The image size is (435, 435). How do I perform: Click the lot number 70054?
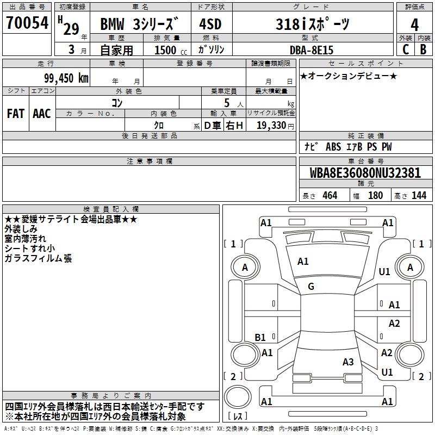tap(27, 23)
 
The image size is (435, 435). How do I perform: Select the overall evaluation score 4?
tap(414, 25)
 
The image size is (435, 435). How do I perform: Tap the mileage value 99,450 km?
tap(66, 78)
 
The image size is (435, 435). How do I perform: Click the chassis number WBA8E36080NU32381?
tap(365, 173)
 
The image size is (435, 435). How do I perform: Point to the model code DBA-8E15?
tap(311, 50)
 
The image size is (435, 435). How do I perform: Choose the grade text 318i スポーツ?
tap(312, 24)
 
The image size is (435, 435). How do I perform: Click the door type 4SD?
tap(210, 24)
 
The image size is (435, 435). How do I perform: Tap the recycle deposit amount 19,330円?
tap(275, 126)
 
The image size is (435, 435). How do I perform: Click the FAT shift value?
tap(16, 114)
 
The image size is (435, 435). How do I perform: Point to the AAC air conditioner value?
tap(42, 114)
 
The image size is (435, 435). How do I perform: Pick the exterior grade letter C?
tap(406, 49)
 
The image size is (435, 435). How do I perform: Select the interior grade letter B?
tap(423, 49)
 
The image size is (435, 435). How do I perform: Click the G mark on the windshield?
tap(311, 287)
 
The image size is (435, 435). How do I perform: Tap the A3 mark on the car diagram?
tap(348, 362)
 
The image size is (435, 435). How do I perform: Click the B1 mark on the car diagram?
tap(260, 337)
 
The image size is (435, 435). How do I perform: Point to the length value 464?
tap(330, 195)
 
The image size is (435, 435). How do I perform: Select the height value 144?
tap(419, 195)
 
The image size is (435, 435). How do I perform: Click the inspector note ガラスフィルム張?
tap(38, 258)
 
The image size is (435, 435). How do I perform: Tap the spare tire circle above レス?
tap(238, 397)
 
